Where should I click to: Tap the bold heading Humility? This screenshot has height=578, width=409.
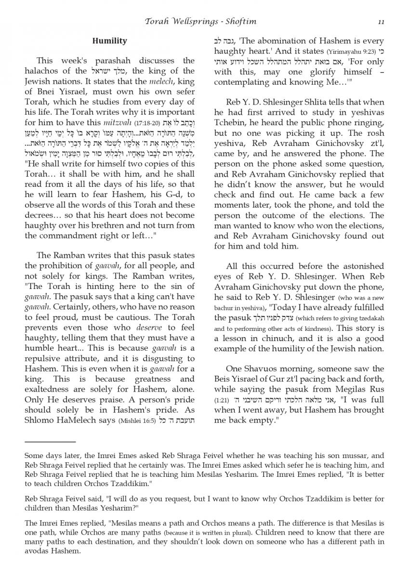(x=109, y=41)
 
